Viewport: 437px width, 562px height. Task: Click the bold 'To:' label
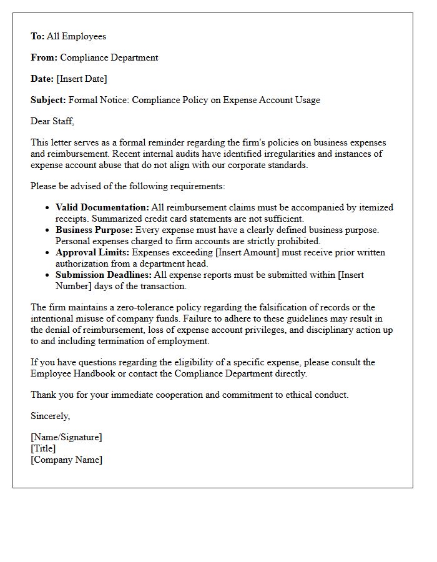pos(37,36)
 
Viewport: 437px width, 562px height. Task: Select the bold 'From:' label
pos(44,57)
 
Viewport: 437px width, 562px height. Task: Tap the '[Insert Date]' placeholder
pos(82,79)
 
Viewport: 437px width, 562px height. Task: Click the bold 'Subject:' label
pos(48,100)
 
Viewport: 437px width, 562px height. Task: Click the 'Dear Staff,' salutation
pos(52,121)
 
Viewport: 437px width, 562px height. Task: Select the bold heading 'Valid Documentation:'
pos(102,207)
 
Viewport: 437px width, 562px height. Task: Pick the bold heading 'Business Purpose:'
pos(94,230)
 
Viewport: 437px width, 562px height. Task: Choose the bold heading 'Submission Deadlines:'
pos(103,275)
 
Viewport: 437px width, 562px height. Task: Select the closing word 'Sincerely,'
pos(51,416)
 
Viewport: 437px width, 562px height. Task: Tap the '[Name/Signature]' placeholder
pos(66,437)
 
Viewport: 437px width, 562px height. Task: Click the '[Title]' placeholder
pos(43,448)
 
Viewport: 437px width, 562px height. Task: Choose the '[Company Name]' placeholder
pos(66,460)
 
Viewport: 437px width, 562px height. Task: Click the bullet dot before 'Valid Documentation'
pos(48,208)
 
